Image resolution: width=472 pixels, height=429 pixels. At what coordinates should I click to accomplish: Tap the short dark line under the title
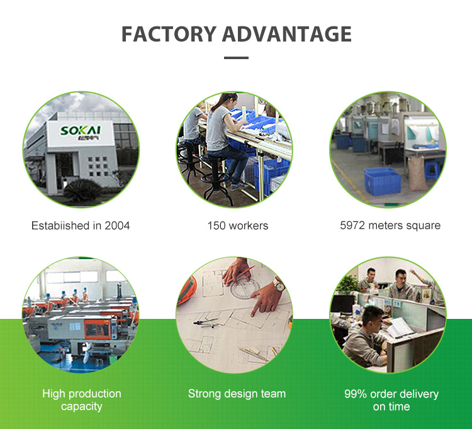pos(236,58)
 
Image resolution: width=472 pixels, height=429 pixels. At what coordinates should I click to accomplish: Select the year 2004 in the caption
pos(117,225)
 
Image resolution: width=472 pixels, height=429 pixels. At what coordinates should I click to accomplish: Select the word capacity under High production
pos(82,406)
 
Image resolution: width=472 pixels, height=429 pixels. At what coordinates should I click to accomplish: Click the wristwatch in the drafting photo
pos(279,284)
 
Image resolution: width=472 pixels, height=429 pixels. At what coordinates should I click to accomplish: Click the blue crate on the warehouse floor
pos(382,180)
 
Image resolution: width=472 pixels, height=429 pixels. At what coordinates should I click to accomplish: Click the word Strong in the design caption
pos(204,394)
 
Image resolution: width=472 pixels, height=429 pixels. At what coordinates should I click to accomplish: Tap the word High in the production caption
pos(53,394)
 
